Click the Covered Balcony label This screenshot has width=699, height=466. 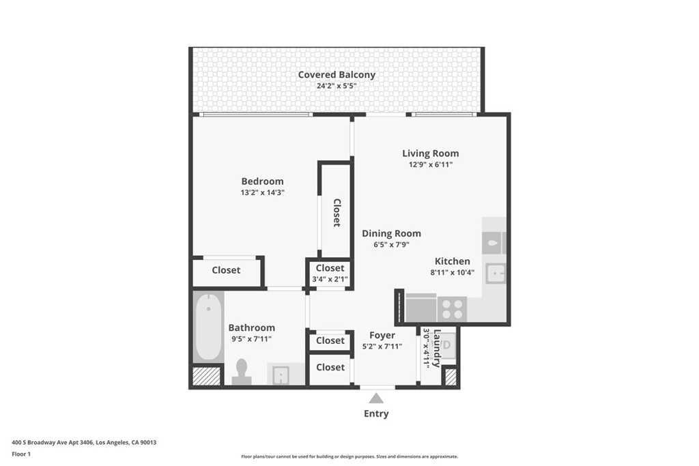pos(337,75)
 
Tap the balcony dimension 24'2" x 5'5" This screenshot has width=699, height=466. pos(337,86)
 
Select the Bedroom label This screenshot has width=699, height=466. pos(262,181)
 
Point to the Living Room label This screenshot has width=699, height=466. pos(430,154)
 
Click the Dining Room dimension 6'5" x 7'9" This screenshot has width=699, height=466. pos(391,244)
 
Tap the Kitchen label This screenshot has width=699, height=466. pos(452,261)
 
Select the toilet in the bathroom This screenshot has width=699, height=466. pos(242,372)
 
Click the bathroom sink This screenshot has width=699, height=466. pos(281,375)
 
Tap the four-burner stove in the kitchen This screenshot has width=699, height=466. pos(452,309)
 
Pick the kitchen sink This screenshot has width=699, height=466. pos(496,273)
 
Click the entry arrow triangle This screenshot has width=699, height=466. pos(376,398)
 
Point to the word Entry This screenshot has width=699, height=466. pos(376,414)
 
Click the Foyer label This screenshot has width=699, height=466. pos(382,336)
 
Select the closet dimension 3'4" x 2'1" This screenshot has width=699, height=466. pos(330,279)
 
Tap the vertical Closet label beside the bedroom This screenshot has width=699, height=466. pos(337,212)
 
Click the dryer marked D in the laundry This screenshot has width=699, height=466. pos(447,345)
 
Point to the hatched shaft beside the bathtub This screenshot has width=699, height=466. pos(206,375)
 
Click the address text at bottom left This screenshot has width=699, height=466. pos(84,442)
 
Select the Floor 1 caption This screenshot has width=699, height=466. pos(21,454)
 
